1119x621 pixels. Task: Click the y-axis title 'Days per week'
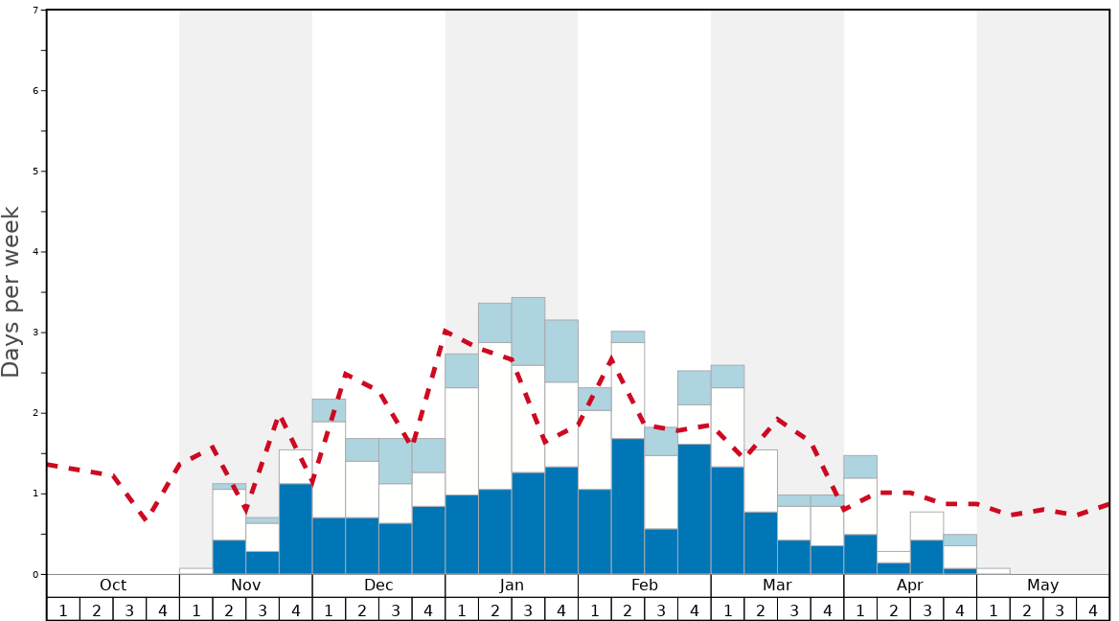(x=11, y=291)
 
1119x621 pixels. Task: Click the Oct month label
(x=113, y=586)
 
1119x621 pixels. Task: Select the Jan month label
(x=512, y=586)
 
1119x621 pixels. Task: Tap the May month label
(x=1043, y=586)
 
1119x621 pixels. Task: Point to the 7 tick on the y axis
(x=35, y=11)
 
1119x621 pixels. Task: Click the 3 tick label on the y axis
(x=35, y=333)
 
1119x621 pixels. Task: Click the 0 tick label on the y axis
(x=35, y=574)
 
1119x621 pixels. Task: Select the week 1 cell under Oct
(x=63, y=609)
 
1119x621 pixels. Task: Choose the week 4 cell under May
(x=1093, y=609)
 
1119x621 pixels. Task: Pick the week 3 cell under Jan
(x=528, y=609)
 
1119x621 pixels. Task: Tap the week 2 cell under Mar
(x=761, y=609)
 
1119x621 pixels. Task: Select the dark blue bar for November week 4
(x=295, y=529)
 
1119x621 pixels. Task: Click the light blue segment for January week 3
(x=528, y=331)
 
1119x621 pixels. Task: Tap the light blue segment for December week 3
(x=395, y=461)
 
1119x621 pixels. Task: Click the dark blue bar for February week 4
(x=694, y=509)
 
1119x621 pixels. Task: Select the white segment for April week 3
(x=926, y=526)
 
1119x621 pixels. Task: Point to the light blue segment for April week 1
(x=860, y=467)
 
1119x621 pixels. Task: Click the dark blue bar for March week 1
(x=727, y=520)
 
